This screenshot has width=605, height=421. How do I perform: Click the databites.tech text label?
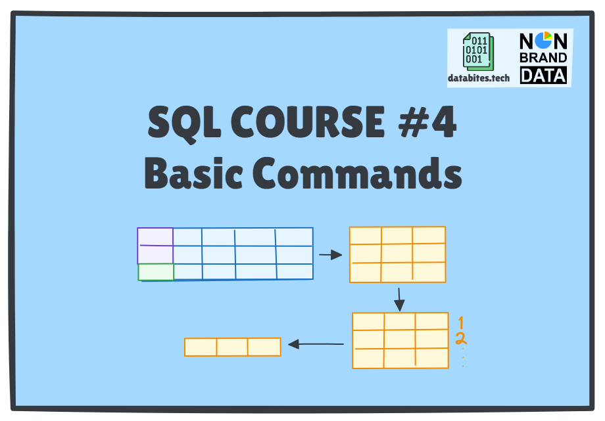tap(479, 78)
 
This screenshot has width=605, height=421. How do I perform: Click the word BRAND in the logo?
tap(543, 58)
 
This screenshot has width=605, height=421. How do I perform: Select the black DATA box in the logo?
tap(543, 76)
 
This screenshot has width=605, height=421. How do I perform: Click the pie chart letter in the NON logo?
tap(543, 41)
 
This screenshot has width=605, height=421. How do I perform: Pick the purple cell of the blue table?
tap(155, 246)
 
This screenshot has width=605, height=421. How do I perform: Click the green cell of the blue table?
tap(156, 272)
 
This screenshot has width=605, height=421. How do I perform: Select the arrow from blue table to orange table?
tap(331, 255)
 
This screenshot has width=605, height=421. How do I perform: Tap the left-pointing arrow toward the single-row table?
tap(316, 343)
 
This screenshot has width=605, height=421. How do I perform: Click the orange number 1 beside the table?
tap(461, 322)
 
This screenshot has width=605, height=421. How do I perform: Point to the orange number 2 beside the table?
tap(461, 339)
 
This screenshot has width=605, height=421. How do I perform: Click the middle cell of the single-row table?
tap(232, 347)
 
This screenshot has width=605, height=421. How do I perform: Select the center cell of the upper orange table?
tap(397, 254)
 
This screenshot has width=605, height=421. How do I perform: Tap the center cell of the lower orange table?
tap(400, 339)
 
